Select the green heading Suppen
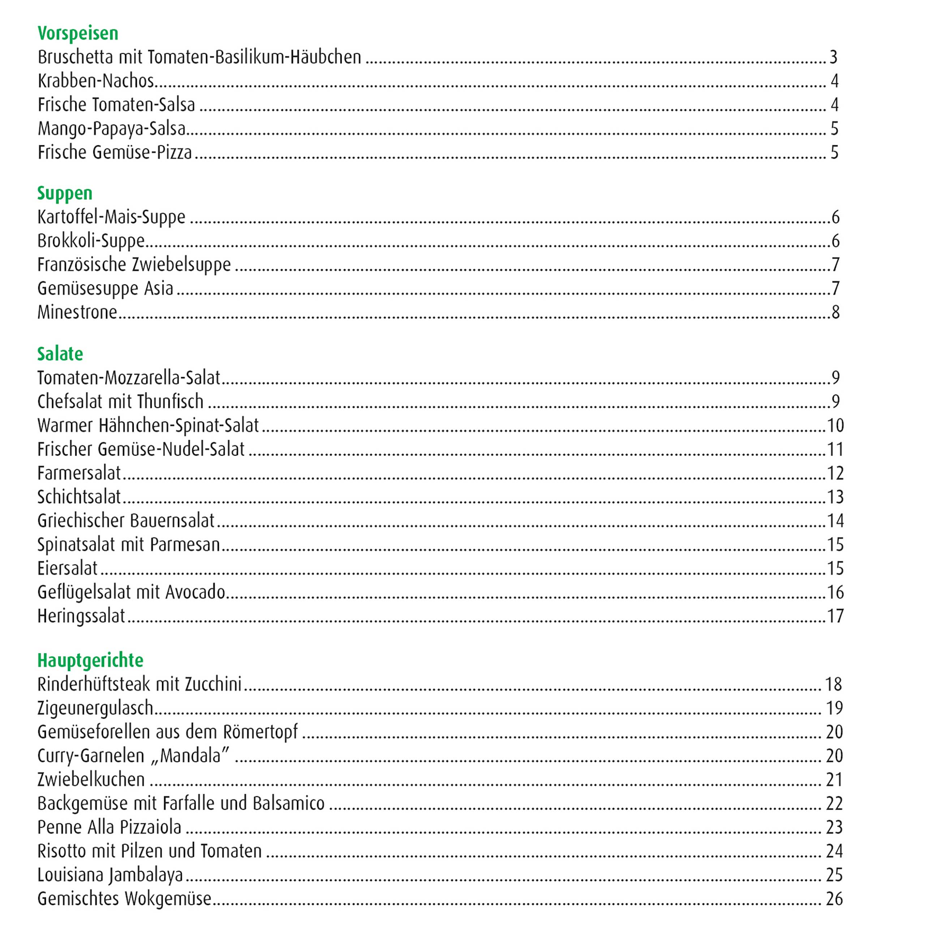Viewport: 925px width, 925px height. pos(65,193)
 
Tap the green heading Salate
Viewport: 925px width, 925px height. pos(60,354)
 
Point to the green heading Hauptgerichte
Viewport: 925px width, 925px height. pos(90,660)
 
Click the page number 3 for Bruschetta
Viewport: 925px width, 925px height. pos(834,57)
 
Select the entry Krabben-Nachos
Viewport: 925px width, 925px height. pos(96,81)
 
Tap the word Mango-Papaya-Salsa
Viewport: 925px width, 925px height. pos(112,129)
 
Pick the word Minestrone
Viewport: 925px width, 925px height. pos(77,313)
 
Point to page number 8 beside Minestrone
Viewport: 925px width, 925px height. pos(835,313)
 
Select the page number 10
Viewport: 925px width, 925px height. pos(835,426)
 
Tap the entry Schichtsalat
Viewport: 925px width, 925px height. pos(79,497)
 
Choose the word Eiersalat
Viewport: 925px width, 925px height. pos(68,569)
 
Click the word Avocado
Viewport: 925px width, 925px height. pos(195,593)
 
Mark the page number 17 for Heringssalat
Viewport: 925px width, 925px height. pos(835,616)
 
